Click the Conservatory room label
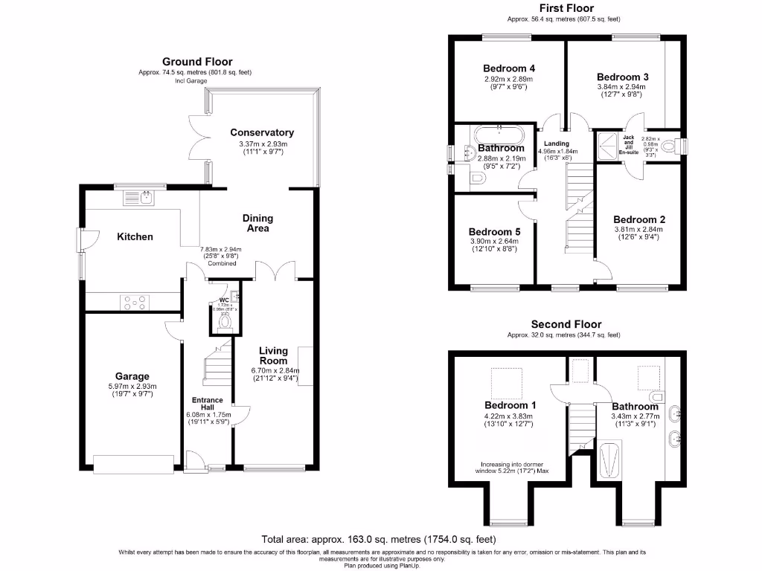[261, 132]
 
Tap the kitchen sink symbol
[139, 197]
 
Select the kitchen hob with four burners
[134, 303]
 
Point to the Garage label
[132, 376]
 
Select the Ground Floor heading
[197, 62]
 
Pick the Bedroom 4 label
[509, 68]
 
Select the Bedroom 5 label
[495, 231]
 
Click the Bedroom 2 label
[638, 219]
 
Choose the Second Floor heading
[566, 324]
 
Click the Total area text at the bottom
[379, 539]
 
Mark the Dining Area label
[257, 223]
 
